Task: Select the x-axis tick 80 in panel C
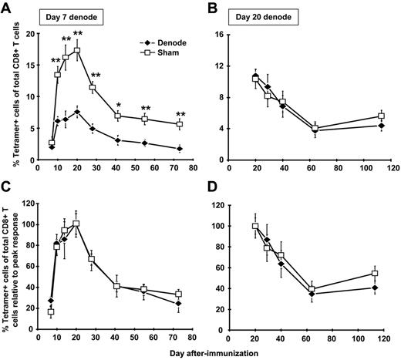pyautogui.click(x=192, y=337)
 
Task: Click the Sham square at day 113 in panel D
pyautogui.click(x=375, y=274)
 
